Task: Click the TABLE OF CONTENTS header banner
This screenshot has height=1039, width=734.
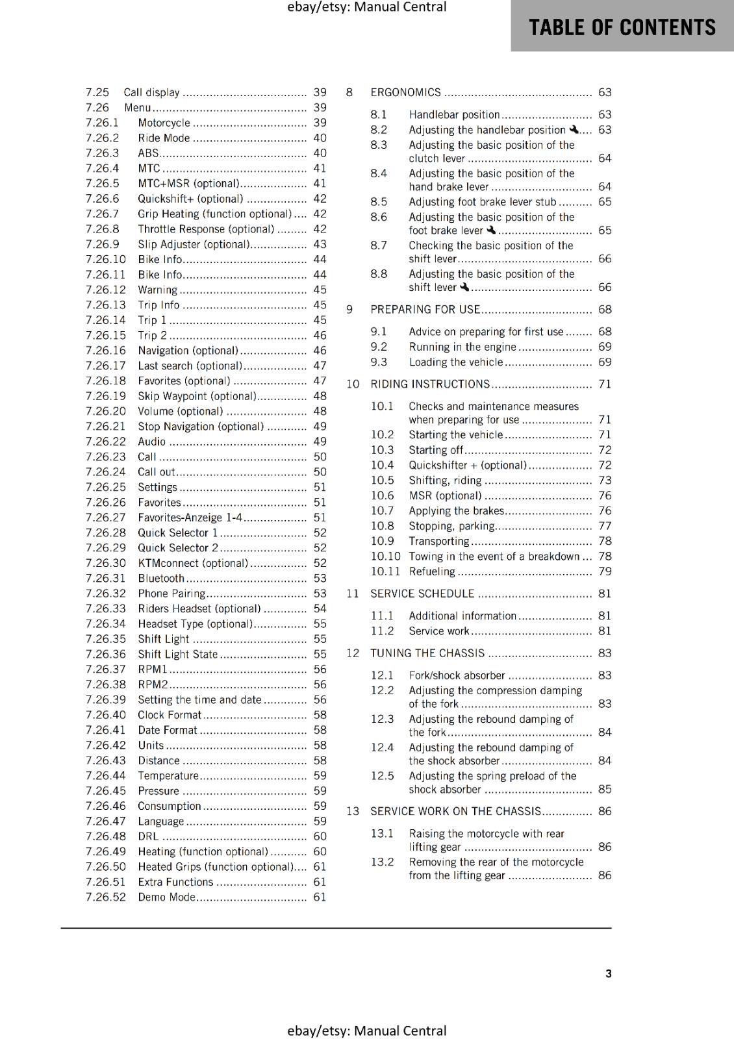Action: [622, 27]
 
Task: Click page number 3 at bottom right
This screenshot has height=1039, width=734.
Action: [608, 973]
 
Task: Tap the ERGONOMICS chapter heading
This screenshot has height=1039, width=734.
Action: [405, 93]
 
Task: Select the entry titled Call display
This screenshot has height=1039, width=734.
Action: [151, 93]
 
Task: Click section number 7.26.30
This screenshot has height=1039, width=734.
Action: [105, 563]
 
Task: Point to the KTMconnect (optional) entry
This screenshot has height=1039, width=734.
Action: [193, 563]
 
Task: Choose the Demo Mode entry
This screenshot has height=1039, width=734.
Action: [166, 897]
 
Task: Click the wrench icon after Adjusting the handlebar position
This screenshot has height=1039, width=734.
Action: [573, 130]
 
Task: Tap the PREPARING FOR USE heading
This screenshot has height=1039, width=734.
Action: [425, 310]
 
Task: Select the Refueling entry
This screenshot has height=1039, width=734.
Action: [432, 571]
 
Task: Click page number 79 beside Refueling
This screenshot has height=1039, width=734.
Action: [605, 571]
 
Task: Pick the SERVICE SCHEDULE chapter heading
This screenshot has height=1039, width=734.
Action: [422, 594]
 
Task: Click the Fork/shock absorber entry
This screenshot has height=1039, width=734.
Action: [457, 675]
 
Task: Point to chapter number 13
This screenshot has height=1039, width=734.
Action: [353, 811]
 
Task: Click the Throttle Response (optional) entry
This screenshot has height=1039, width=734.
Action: [206, 229]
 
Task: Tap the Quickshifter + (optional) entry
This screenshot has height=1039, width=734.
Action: [468, 465]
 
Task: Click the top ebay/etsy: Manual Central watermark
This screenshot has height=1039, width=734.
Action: [366, 7]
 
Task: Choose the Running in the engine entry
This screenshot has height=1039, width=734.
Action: [462, 347]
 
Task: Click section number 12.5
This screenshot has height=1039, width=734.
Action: [382, 776]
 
